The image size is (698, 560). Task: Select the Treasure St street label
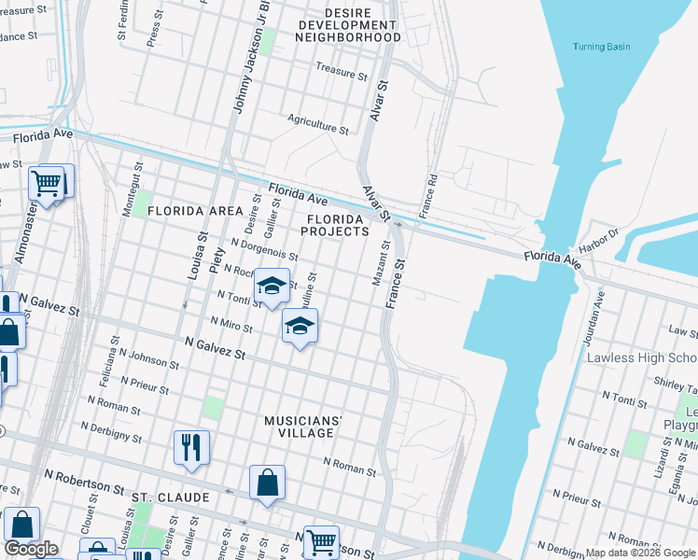(342, 71)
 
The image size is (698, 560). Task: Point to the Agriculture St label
(317, 121)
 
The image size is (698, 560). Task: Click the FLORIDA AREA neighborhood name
(194, 211)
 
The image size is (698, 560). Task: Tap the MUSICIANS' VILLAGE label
(302, 427)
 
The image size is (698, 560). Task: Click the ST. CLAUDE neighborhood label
(170, 497)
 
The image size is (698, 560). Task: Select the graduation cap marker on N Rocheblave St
(272, 286)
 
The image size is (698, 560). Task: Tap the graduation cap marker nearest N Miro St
(300, 326)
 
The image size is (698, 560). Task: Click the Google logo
(31, 549)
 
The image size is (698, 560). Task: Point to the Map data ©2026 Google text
(640, 553)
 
